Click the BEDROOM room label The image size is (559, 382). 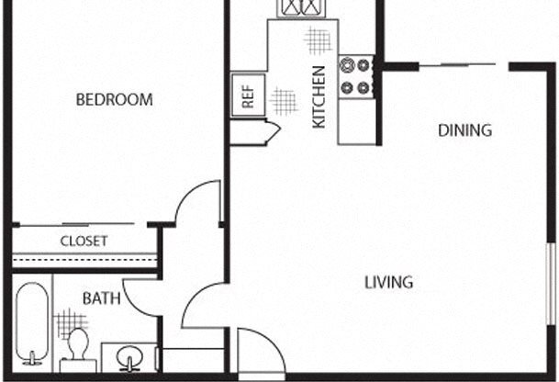[114, 99]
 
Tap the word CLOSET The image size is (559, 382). [84, 242]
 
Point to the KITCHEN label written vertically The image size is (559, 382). [319, 96]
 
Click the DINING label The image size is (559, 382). [464, 130]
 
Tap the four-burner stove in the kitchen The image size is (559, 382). [356, 77]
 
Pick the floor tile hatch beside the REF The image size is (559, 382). [285, 99]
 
